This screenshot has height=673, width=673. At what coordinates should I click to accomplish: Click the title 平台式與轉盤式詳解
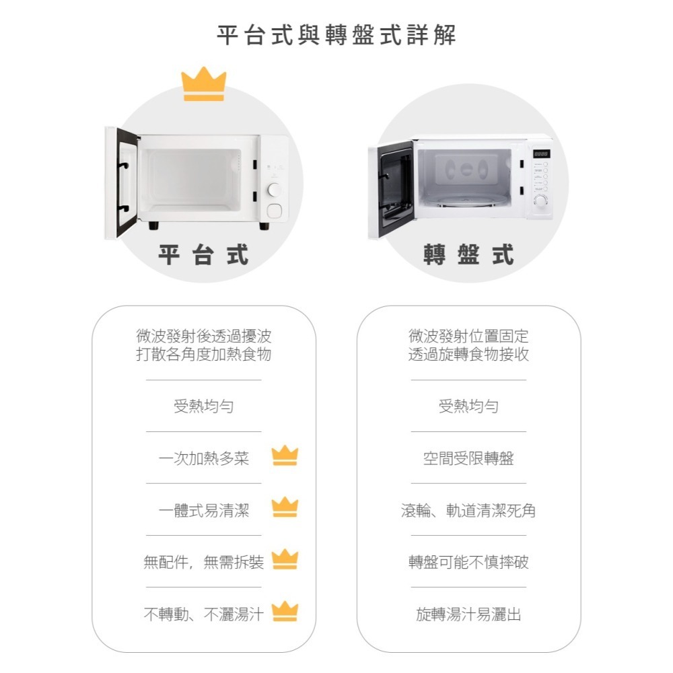point(336,34)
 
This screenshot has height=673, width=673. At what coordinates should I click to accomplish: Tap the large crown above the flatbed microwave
point(203,85)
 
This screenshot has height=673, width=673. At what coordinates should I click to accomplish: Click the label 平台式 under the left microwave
point(203,255)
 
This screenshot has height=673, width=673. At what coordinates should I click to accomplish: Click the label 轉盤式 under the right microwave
point(468,255)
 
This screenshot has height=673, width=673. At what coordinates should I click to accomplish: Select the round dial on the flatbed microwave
point(274,190)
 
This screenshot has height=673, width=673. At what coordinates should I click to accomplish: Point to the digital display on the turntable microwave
point(540,154)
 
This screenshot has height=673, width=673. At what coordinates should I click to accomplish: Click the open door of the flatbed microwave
point(122,182)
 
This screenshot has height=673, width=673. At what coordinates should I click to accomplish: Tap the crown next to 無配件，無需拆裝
point(285,559)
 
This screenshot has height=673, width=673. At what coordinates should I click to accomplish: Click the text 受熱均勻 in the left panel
point(203,406)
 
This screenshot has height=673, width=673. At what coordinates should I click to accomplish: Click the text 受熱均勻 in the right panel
point(468,406)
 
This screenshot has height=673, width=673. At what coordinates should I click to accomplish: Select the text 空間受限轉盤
point(468,459)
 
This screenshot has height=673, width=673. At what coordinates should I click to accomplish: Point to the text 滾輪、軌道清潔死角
point(468,511)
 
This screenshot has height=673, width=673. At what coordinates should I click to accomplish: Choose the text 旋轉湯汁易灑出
point(468,614)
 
